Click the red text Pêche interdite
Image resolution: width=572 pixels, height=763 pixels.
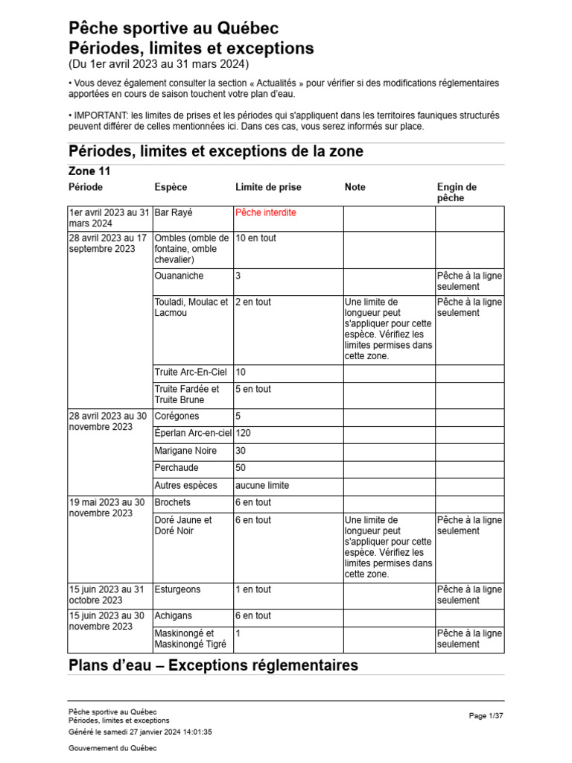[x=265, y=213]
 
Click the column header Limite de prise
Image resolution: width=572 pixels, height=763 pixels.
[x=268, y=187]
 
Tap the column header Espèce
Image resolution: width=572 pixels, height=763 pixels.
[x=171, y=187]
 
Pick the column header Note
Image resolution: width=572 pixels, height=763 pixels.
[x=355, y=187]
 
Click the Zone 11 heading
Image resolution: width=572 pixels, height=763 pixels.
[x=89, y=171]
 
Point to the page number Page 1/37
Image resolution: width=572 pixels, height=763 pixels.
[x=486, y=716]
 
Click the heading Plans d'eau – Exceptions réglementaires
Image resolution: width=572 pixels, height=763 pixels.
[x=213, y=665]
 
